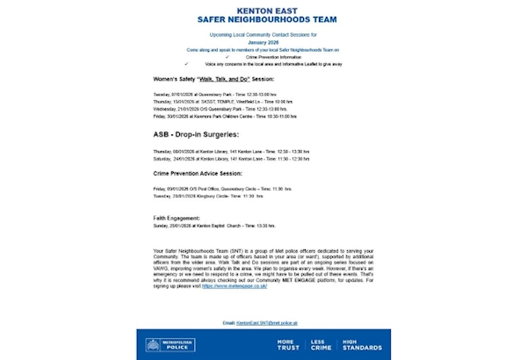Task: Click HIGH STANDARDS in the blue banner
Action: [x=361, y=345]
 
